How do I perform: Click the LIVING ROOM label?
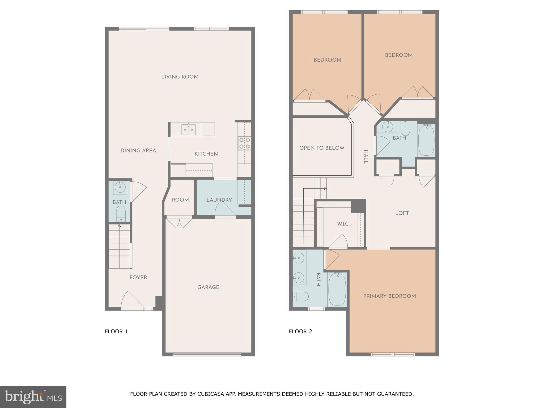pyautogui.click(x=180, y=77)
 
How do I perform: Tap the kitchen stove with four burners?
pyautogui.click(x=244, y=143)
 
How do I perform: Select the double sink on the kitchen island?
pyautogui.click(x=189, y=129)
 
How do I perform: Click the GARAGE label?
pyautogui.click(x=208, y=287)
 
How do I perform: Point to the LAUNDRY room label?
pyautogui.click(x=219, y=200)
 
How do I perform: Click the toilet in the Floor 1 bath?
pyautogui.click(x=121, y=213)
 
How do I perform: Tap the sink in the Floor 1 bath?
pyautogui.click(x=120, y=187)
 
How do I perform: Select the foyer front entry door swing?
pyautogui.click(x=131, y=300)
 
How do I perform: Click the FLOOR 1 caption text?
pyautogui.click(x=116, y=331)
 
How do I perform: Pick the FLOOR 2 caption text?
pyautogui.click(x=300, y=331)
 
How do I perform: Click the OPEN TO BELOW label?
pyautogui.click(x=322, y=148)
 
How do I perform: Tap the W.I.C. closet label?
pyautogui.click(x=343, y=224)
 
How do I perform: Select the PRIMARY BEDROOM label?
pyautogui.click(x=389, y=296)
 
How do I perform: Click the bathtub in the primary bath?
pyautogui.click(x=337, y=290)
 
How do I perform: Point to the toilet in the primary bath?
pyautogui.click(x=301, y=296)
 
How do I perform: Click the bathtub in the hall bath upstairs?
pyautogui.click(x=426, y=140)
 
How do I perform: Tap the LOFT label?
pyautogui.click(x=402, y=213)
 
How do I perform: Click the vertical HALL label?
pyautogui.click(x=365, y=157)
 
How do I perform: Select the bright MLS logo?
pyautogui.click(x=33, y=397)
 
